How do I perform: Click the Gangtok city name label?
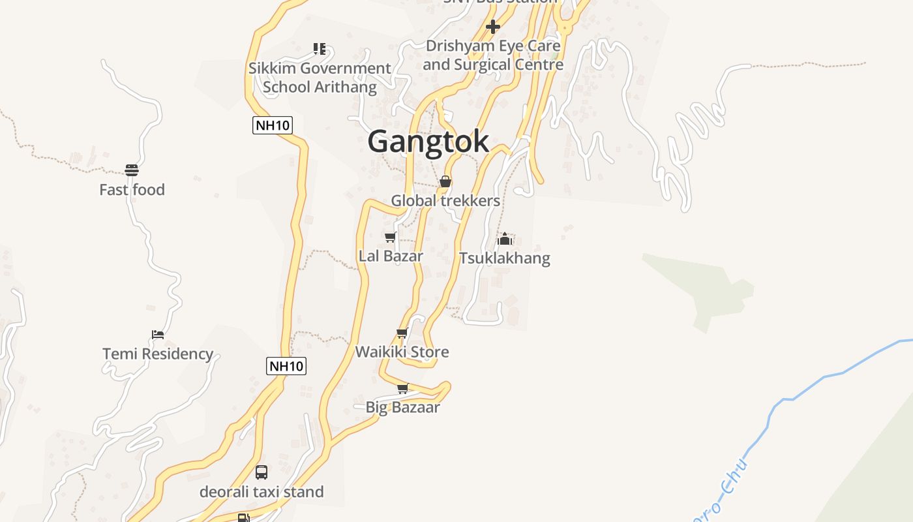(428, 142)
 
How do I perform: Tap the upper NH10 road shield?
(273, 125)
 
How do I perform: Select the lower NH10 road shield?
(286, 366)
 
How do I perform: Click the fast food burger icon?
(132, 171)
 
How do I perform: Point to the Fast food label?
(132, 190)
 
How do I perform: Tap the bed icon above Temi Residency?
(158, 335)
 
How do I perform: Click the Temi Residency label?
(158, 354)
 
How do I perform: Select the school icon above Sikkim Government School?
(319, 49)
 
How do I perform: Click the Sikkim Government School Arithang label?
(320, 78)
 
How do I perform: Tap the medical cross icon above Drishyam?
(493, 27)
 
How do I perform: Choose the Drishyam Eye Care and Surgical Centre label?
(493, 55)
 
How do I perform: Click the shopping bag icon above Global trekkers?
(445, 181)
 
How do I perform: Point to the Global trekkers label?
(445, 200)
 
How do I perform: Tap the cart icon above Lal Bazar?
(390, 237)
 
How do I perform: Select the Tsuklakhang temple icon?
(505, 239)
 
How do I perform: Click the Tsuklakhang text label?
(505, 258)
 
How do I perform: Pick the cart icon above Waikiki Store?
(402, 333)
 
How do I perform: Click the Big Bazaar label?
(402, 407)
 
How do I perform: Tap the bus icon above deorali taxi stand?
(262, 472)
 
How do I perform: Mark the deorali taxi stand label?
(262, 491)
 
